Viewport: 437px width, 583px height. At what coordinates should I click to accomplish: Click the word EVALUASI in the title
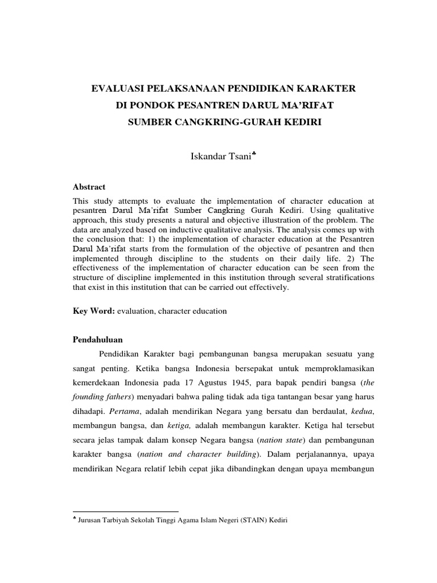(x=118, y=89)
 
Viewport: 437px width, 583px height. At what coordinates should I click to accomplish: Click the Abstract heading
(x=89, y=187)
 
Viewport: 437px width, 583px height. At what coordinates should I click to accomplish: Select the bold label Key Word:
(x=94, y=311)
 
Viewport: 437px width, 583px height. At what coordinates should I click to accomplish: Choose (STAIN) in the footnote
(x=246, y=520)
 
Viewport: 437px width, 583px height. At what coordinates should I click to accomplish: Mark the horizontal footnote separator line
(x=126, y=511)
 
